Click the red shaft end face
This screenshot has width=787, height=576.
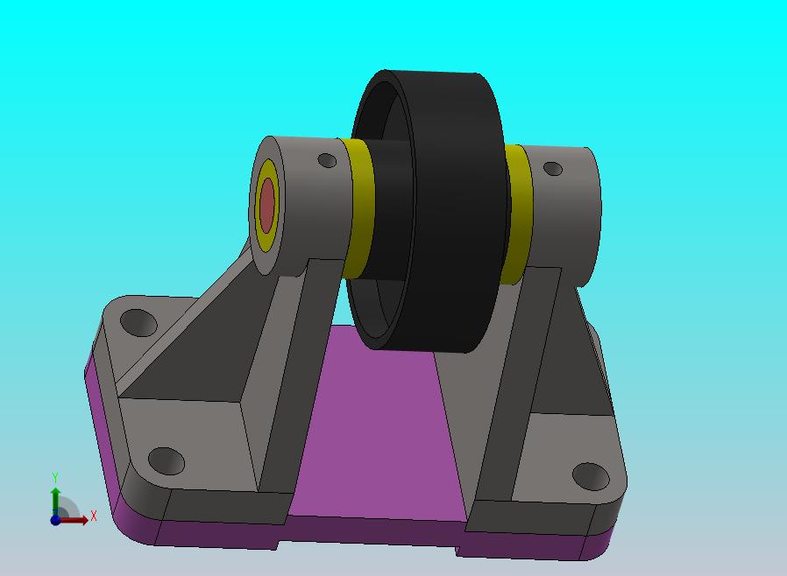267,205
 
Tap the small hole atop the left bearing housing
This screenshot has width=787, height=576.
327,160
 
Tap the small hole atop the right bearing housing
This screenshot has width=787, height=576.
553,168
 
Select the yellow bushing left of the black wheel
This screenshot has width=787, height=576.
358,208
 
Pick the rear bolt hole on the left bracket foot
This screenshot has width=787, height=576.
138,322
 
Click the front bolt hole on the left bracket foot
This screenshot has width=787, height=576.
167,461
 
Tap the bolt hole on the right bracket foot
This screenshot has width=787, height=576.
591,476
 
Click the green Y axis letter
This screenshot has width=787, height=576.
55,477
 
